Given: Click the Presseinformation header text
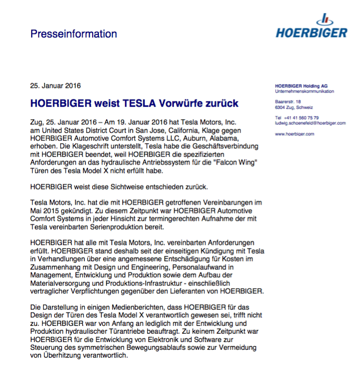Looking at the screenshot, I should point(73,34).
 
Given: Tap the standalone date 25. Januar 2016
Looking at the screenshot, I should point(55,85).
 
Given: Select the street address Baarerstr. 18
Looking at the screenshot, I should point(288,102).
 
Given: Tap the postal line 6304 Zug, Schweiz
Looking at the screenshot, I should point(294,107).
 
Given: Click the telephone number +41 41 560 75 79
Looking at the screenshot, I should point(301,118).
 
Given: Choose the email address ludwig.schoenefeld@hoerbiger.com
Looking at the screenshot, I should point(310,123).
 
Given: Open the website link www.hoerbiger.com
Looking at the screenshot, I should point(294,134).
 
